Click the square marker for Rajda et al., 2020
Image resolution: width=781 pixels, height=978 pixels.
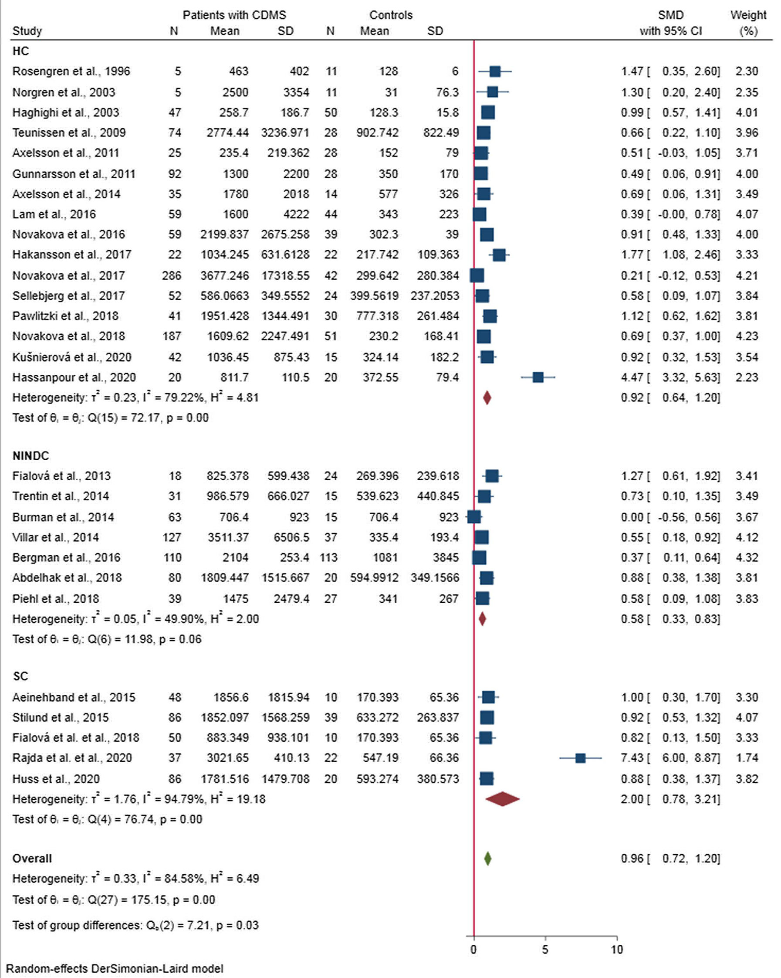click(580, 757)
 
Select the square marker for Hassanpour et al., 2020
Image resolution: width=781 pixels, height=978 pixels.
click(538, 377)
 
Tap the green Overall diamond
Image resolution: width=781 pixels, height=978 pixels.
click(488, 858)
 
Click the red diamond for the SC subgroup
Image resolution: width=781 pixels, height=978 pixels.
click(502, 799)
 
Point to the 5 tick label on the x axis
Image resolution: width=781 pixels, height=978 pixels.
click(545, 949)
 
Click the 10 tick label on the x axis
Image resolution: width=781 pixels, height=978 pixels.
click(616, 949)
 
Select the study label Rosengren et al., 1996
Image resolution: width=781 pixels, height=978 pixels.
click(71, 71)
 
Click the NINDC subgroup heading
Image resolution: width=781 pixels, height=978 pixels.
click(30, 455)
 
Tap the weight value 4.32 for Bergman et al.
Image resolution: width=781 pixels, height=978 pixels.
click(746, 557)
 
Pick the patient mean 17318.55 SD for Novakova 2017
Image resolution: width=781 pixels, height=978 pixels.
click(285, 275)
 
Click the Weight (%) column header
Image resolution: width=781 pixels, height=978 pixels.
click(748, 23)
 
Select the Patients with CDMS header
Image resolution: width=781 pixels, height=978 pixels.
click(234, 15)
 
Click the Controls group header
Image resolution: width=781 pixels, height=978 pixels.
click(391, 15)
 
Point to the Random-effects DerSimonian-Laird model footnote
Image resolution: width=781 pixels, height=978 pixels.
click(115, 968)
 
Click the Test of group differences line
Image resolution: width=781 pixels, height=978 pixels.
click(135, 925)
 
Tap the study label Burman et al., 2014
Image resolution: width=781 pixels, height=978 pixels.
click(63, 517)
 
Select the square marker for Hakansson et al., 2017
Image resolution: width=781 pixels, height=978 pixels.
click(499, 255)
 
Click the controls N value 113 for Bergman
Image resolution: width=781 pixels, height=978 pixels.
click(331, 557)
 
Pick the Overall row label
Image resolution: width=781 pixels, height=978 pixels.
click(32, 858)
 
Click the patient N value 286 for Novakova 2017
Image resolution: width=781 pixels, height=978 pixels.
click(171, 275)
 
